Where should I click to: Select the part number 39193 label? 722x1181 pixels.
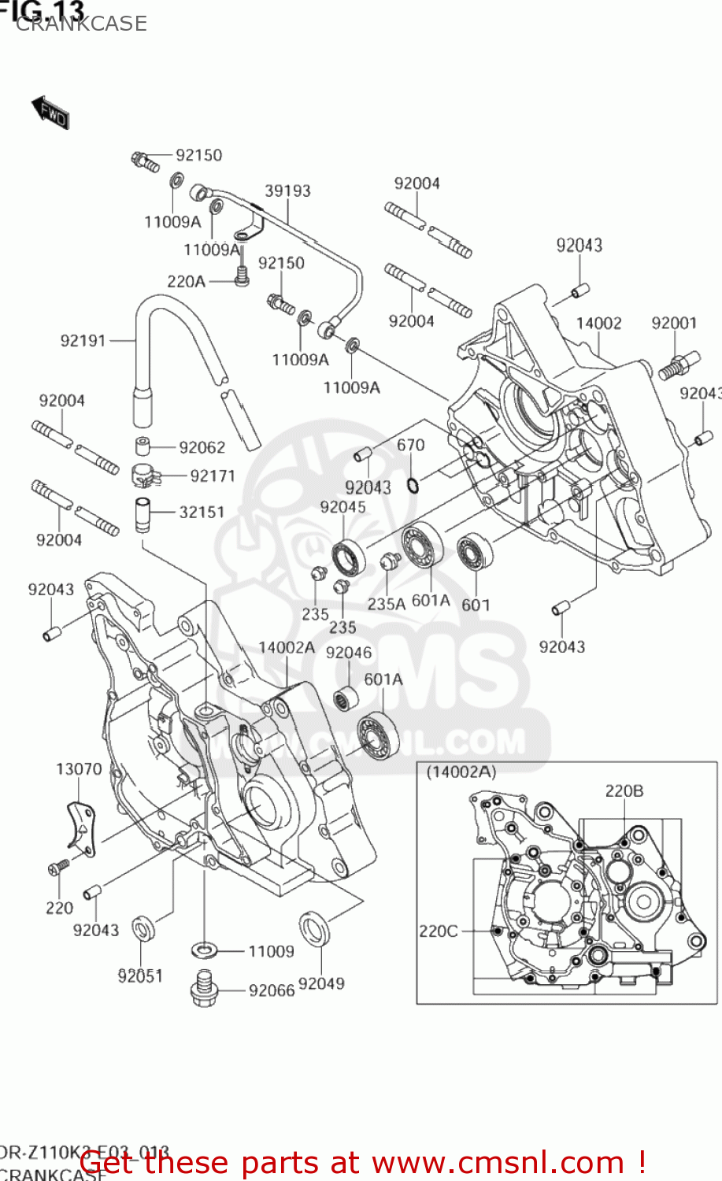[x=287, y=191]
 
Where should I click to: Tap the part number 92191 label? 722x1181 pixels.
[x=83, y=340]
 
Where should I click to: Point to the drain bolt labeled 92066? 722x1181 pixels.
[x=203, y=988]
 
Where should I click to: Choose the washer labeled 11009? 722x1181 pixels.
[x=205, y=950]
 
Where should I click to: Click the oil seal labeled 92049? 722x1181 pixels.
[x=315, y=927]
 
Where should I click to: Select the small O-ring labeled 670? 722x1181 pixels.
[x=413, y=483]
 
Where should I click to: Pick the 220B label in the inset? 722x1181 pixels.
[x=624, y=790]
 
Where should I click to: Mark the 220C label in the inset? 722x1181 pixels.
[x=438, y=931]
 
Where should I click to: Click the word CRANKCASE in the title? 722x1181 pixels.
[x=81, y=24]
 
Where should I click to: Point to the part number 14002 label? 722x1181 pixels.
[x=598, y=323]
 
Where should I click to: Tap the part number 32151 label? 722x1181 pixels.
[x=202, y=512]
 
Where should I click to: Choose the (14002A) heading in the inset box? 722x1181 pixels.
[x=461, y=772]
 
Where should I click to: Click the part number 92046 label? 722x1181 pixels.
[x=348, y=653]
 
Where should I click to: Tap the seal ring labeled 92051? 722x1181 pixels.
[x=143, y=929]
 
